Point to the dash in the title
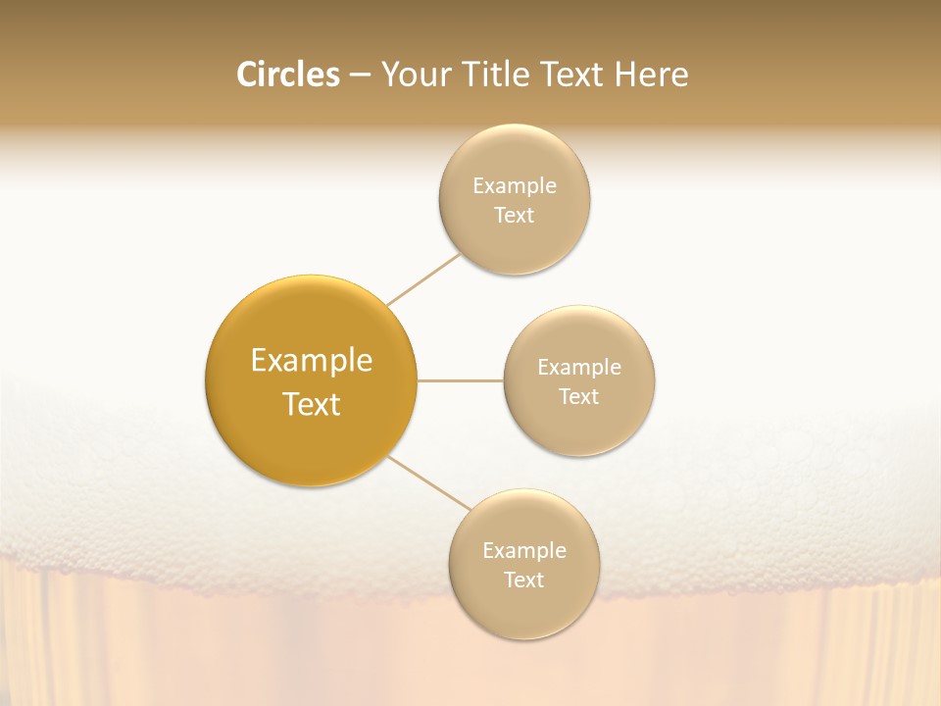[360, 76]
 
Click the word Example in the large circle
[312, 361]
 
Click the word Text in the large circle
[312, 404]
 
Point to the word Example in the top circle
[515, 185]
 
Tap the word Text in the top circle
[515, 215]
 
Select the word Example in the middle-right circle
[579, 367]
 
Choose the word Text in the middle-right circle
[579, 396]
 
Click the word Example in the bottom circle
[524, 550]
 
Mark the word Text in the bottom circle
[524, 580]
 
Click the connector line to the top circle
[423, 279]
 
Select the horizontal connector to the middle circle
[461, 380]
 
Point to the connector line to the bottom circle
[429, 482]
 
